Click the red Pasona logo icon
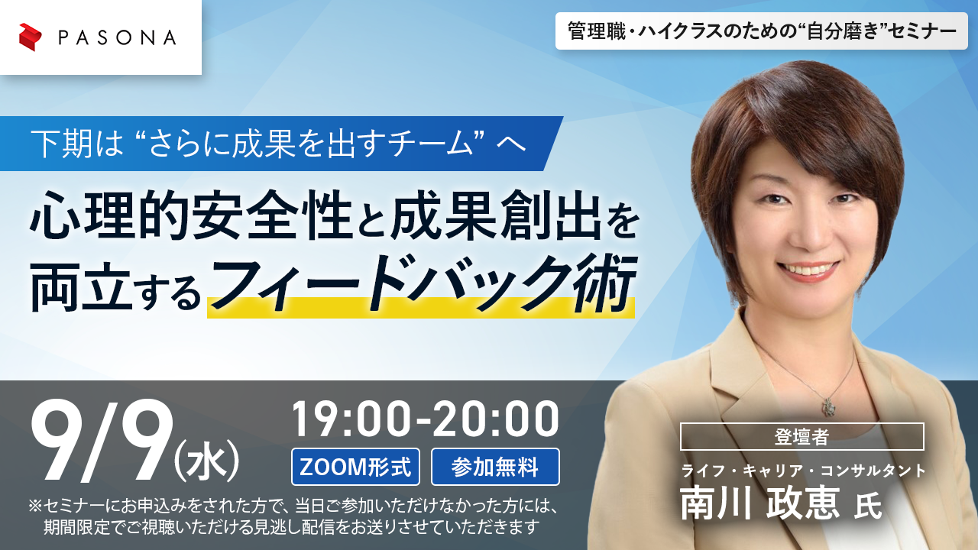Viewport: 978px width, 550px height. [x=30, y=37]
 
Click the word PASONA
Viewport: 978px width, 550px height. [x=118, y=38]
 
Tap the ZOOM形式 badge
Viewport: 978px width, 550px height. [x=355, y=467]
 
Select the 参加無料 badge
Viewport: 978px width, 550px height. [x=495, y=467]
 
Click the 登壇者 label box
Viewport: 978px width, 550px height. [x=802, y=436]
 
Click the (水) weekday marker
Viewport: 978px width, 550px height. [x=206, y=461]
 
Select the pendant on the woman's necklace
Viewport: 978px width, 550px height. [x=828, y=407]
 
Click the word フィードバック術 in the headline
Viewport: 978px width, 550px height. [x=423, y=283]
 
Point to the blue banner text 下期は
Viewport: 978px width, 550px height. [x=77, y=144]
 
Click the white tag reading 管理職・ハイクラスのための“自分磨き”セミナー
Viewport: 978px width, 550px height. [x=762, y=31]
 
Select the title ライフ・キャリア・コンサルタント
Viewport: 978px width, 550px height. [x=803, y=471]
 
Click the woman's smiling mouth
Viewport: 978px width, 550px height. [x=808, y=270]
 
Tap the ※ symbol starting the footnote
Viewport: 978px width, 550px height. [x=35, y=506]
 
